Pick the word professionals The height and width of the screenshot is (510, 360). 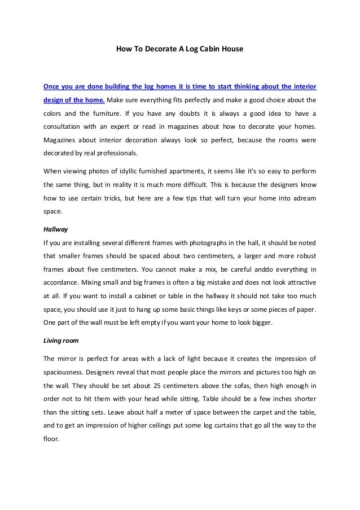click(120, 152)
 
